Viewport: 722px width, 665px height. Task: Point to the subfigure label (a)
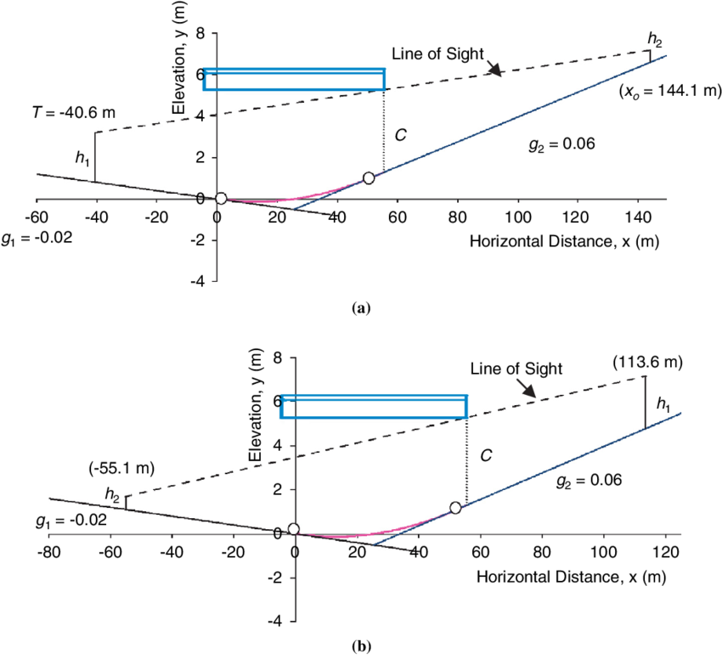pos(359,310)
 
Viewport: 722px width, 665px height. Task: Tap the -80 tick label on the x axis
pos(49,550)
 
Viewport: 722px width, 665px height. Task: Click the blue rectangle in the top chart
pos(295,79)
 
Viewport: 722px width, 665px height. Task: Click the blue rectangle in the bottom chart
pos(375,406)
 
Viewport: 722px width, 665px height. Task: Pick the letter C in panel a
pos(402,134)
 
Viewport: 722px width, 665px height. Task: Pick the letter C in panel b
pos(486,456)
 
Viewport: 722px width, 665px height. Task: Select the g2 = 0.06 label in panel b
pos(589,481)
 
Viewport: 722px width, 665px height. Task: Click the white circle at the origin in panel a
pos(221,199)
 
